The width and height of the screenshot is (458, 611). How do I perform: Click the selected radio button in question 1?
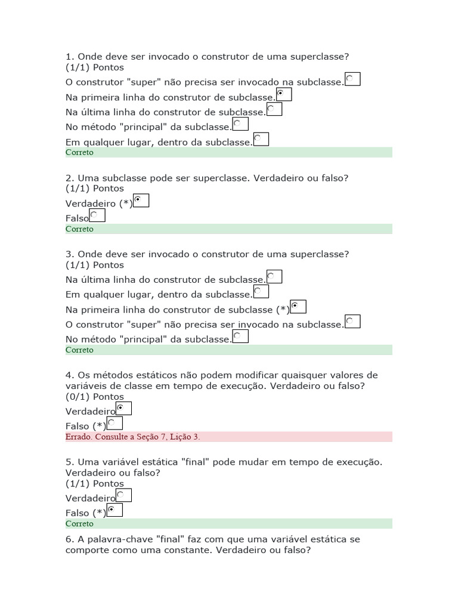point(284,95)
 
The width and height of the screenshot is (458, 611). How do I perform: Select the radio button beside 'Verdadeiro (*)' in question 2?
point(141,201)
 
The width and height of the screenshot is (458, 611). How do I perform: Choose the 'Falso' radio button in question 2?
point(97,216)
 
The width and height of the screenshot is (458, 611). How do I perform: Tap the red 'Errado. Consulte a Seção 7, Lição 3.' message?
point(133,437)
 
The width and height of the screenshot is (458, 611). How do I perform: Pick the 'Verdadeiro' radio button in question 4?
point(123,409)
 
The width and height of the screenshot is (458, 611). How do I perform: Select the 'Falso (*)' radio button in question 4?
point(114,424)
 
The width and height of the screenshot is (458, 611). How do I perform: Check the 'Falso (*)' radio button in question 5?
point(114,510)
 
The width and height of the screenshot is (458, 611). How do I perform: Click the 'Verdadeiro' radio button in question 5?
point(123,495)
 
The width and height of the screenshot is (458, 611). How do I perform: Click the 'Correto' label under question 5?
point(79,524)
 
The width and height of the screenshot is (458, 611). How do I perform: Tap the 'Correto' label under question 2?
point(79,229)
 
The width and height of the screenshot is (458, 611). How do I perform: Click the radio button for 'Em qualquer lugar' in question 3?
point(261,292)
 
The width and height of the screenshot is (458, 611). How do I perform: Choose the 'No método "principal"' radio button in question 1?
point(240,124)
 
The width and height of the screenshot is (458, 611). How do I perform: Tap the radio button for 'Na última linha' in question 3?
point(274,277)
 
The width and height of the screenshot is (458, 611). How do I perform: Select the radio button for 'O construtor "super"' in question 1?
point(352,79)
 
